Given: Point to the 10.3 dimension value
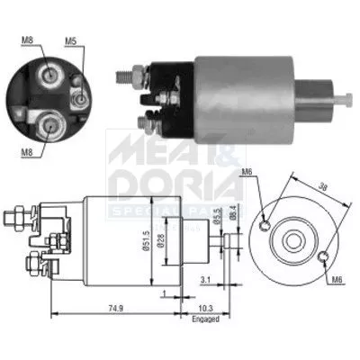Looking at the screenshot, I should click(x=205, y=307).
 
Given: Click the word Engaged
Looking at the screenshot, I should click(x=206, y=318).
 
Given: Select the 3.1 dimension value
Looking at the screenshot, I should click(x=206, y=280).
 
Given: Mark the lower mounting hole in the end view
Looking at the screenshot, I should click(x=321, y=259).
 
